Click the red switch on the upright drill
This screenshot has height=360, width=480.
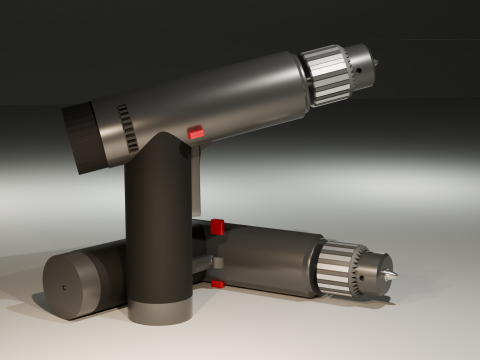tap(196, 132)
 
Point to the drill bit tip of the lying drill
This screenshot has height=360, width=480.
tap(393, 273)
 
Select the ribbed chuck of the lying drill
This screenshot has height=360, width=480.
tap(343, 269)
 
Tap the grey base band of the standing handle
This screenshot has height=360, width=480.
tap(160, 310)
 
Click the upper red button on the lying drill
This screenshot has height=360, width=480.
tap(217, 227)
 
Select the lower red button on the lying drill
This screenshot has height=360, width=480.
tap(217, 284)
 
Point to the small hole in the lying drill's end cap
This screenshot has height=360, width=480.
tap(63, 287)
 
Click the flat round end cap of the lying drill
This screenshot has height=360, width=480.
tap(71, 285)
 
